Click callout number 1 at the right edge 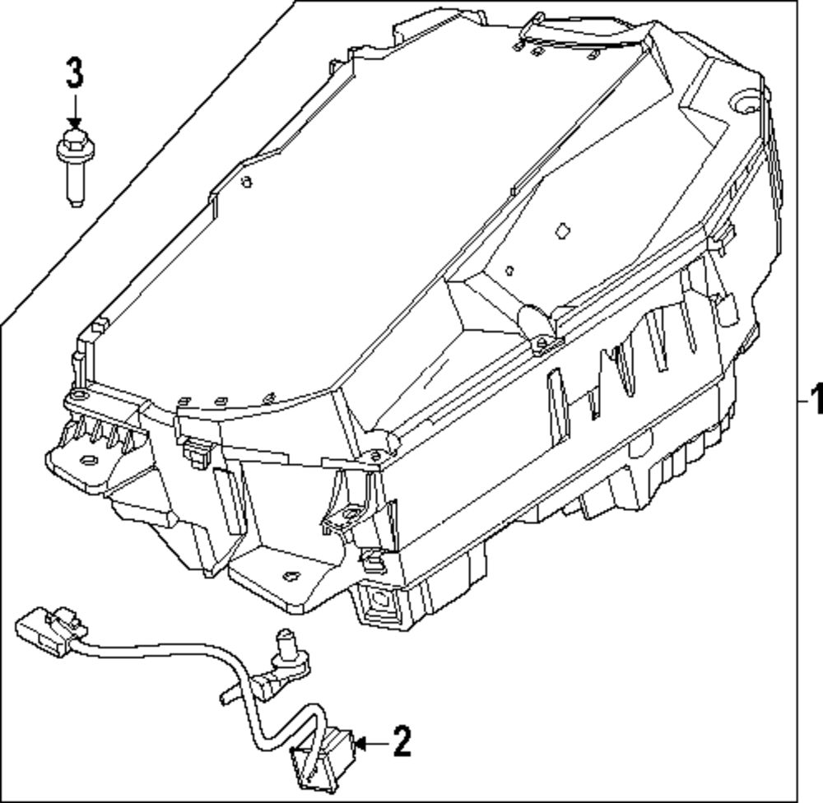[x=815, y=402]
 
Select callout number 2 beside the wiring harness [x=401, y=742]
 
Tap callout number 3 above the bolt [x=74, y=74]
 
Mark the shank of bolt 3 [x=75, y=184]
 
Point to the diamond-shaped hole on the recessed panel [x=563, y=231]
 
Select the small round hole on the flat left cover [x=246, y=183]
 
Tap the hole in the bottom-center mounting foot [x=290, y=576]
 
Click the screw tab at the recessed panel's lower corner [x=542, y=341]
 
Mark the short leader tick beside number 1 [x=802, y=402]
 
